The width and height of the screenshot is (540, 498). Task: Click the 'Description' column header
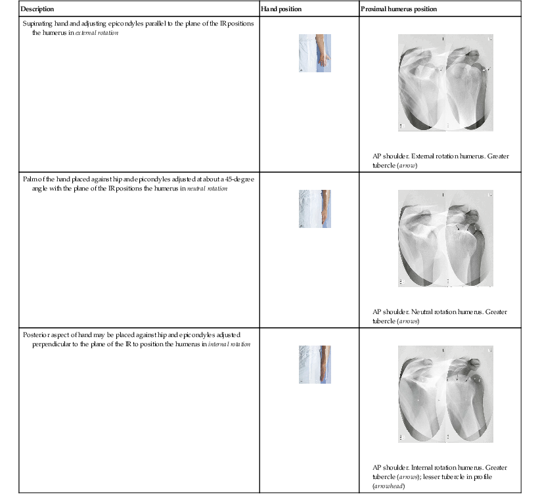37,9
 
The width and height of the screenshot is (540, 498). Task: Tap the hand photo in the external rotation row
315,53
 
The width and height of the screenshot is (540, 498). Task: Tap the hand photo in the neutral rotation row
315,209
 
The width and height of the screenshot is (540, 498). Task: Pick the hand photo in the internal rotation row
315,365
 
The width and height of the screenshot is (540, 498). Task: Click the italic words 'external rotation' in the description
97,32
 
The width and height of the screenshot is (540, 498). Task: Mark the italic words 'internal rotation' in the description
229,344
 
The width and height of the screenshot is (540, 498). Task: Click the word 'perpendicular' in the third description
53,344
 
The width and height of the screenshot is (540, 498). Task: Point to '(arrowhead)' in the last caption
388,486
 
